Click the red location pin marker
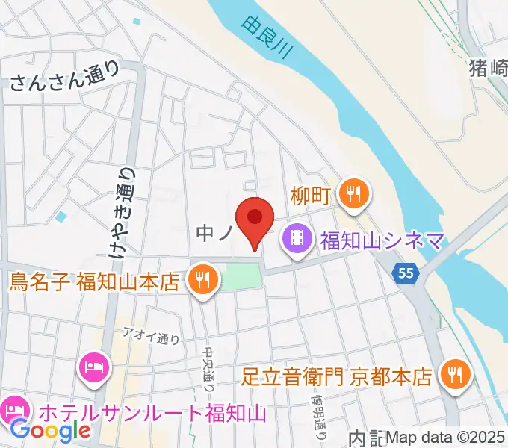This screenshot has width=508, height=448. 254,220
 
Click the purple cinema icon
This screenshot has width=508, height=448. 297,241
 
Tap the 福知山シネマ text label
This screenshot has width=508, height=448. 382,241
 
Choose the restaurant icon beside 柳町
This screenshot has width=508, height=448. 352,194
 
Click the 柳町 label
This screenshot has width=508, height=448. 312,196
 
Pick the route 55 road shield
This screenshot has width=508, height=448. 406,274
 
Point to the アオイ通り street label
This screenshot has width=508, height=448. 152,337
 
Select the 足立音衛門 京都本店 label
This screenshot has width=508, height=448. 338,373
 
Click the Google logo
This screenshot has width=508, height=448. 50,429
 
